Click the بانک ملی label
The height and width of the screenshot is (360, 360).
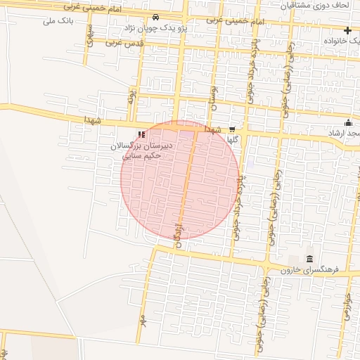58,20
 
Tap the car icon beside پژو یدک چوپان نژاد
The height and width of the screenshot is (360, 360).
155,18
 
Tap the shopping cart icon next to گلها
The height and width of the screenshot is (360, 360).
232,129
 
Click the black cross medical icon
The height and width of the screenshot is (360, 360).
347,30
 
